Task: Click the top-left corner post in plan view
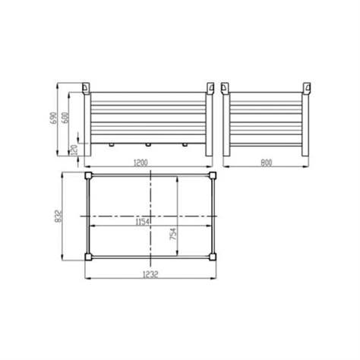tap(90, 175)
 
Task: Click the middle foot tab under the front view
tap(147, 142)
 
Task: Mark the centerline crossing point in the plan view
tap(152, 216)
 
